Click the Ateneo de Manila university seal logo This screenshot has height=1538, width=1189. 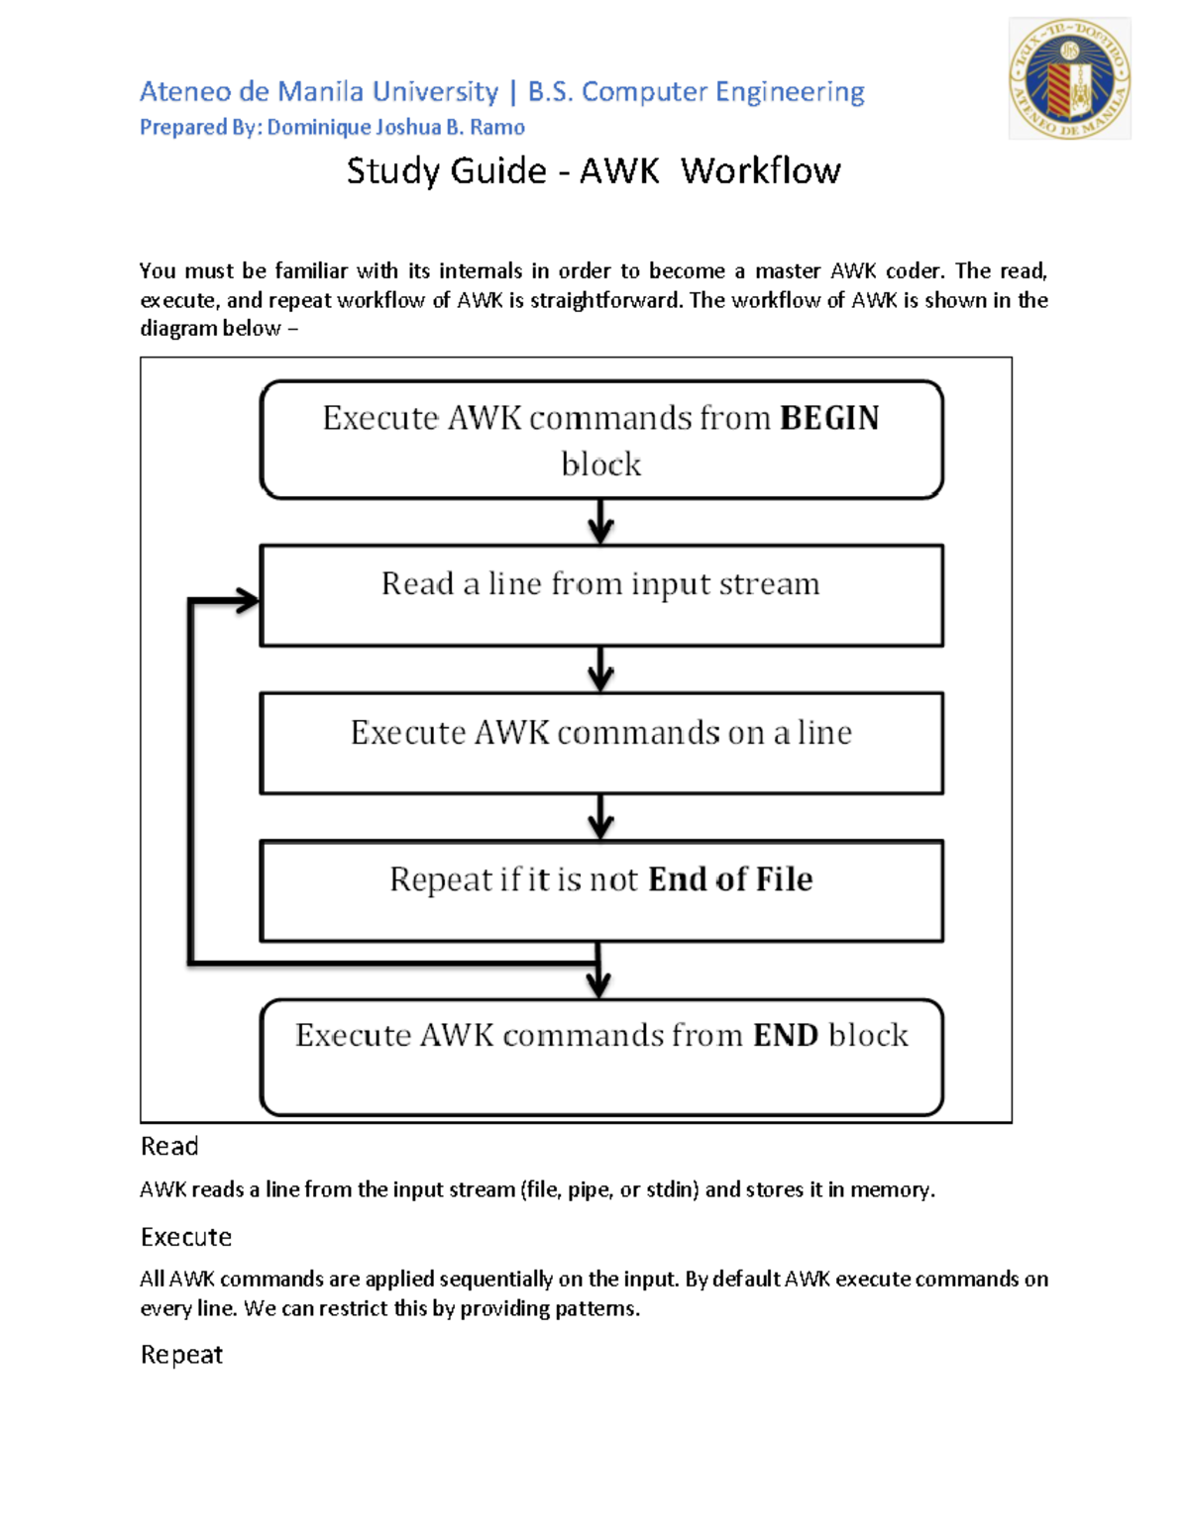coord(1069,78)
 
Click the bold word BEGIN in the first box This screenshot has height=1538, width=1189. coord(829,418)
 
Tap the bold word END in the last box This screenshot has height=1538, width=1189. coord(785,1035)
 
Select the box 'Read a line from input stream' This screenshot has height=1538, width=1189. coord(600,595)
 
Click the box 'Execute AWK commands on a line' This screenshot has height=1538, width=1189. coord(600,743)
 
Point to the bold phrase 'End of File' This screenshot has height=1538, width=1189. coord(730,879)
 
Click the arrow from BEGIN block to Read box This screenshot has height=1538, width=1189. coord(600,522)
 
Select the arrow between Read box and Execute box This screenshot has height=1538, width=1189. coord(600,669)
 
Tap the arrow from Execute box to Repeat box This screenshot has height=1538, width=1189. coord(600,817)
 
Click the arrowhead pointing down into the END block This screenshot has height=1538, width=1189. coord(597,984)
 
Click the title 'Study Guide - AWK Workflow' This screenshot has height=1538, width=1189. coord(594,171)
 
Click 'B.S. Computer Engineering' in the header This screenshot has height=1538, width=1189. coord(696,92)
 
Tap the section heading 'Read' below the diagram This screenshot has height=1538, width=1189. coord(169,1146)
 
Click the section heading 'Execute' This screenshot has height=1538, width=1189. coord(185,1237)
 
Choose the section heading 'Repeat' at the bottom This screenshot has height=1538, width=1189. coord(181,1354)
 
